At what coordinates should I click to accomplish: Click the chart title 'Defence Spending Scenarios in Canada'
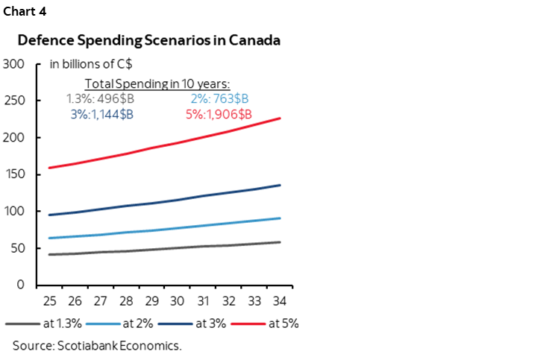(x=149, y=40)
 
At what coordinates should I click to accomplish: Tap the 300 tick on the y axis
(x=14, y=64)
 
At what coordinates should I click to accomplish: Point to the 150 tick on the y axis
(x=14, y=174)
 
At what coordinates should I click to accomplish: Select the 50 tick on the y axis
(x=17, y=248)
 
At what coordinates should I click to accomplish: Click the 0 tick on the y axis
(x=21, y=285)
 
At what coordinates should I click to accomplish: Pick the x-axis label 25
(x=49, y=301)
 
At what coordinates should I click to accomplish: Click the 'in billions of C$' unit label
(x=91, y=64)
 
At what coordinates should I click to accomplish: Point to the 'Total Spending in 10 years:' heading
(x=157, y=83)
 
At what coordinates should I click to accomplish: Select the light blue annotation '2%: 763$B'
(x=219, y=98)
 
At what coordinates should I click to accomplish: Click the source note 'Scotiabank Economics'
(x=97, y=346)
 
